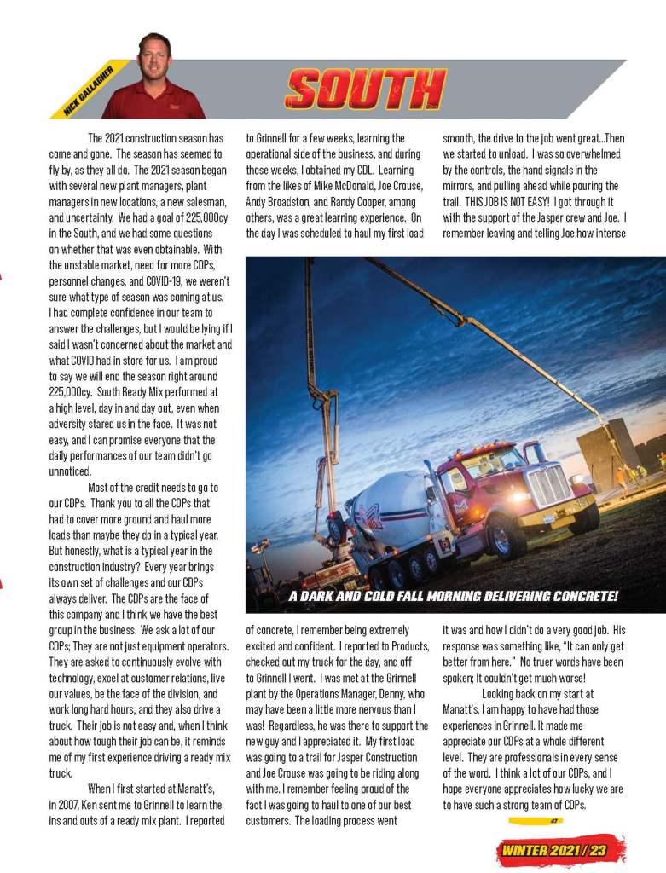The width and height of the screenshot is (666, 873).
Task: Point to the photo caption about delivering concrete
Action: (453, 595)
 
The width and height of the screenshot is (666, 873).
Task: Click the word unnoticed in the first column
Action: (69, 471)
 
